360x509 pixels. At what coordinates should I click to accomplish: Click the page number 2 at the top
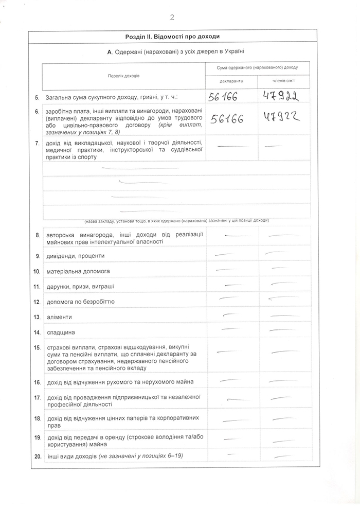[x=172, y=17]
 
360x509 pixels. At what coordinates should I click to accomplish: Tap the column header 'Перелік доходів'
[x=123, y=76]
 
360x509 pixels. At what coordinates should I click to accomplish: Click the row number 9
[x=38, y=256]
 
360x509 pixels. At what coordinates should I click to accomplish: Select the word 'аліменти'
[x=59, y=317]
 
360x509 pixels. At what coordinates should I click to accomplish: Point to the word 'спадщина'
[x=61, y=332]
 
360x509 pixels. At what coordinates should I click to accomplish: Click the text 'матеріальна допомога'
[x=78, y=271]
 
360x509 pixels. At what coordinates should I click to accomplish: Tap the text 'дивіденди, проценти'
[x=75, y=256]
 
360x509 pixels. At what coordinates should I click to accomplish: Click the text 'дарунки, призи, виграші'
[x=80, y=286]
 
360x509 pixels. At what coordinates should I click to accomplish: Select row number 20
[x=37, y=457]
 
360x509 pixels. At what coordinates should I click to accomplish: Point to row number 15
[x=37, y=348]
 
